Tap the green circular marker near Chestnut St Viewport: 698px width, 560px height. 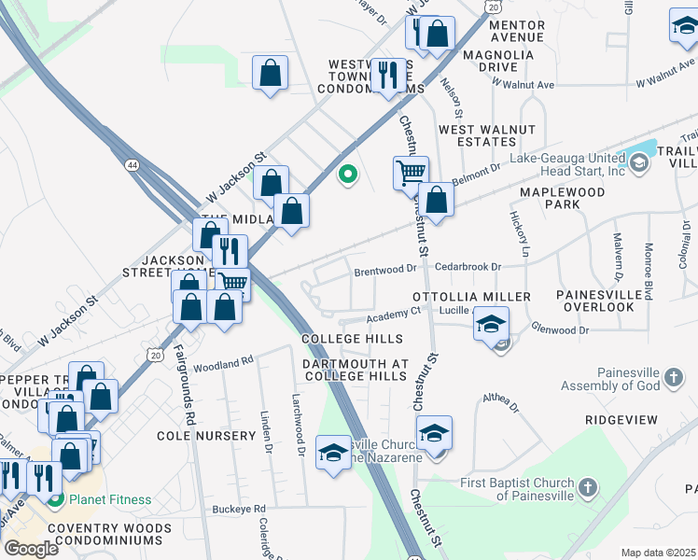point(348,174)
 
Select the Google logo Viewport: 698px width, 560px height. point(31,548)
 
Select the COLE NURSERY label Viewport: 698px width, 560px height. point(206,436)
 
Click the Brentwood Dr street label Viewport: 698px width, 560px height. point(384,269)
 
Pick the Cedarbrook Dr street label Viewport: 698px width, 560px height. point(468,266)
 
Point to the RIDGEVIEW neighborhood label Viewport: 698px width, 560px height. point(622,420)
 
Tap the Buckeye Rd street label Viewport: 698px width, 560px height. point(239,509)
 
